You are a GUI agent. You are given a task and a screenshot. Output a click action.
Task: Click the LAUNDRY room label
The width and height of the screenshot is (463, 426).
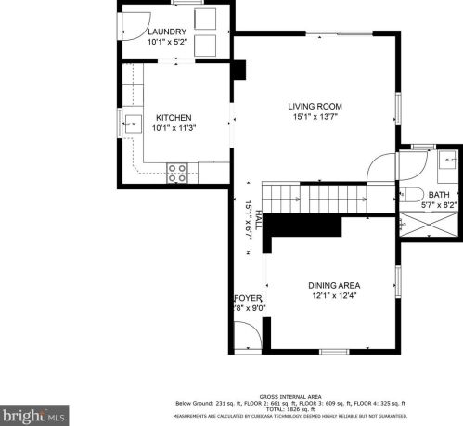[167, 32]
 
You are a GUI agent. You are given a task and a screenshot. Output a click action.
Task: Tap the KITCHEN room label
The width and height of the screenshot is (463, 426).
[174, 117]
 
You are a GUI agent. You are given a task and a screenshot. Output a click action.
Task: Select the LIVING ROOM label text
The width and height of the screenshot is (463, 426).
[315, 107]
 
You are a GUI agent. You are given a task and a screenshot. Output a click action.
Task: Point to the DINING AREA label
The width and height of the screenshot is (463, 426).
[334, 285]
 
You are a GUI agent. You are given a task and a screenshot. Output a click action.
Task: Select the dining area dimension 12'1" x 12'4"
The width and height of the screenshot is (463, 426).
[334, 296]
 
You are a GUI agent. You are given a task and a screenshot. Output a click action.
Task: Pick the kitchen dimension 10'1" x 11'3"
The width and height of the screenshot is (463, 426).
[174, 128]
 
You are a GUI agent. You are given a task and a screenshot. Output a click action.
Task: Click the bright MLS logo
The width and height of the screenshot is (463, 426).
[34, 413]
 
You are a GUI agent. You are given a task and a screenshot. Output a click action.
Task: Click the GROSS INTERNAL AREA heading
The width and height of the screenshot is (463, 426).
[290, 395]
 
